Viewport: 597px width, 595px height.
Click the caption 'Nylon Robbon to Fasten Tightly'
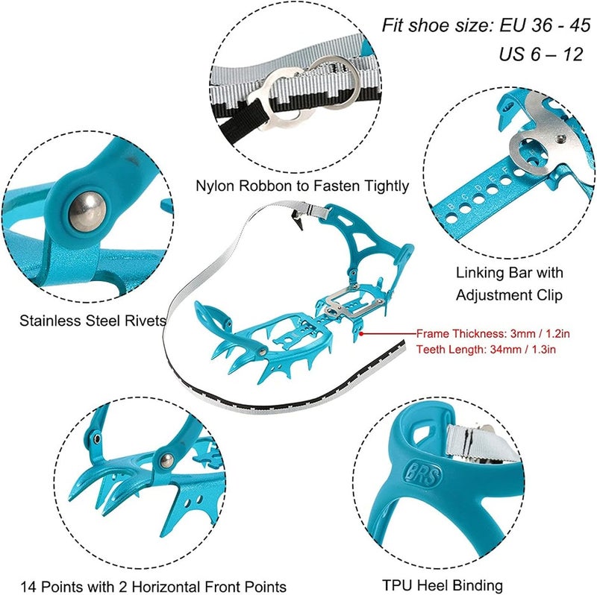pyautogui.click(x=301, y=186)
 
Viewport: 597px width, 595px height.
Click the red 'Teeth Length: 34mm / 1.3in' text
pyautogui.click(x=484, y=348)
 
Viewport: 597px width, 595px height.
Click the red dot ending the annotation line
pyautogui.click(x=360, y=333)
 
